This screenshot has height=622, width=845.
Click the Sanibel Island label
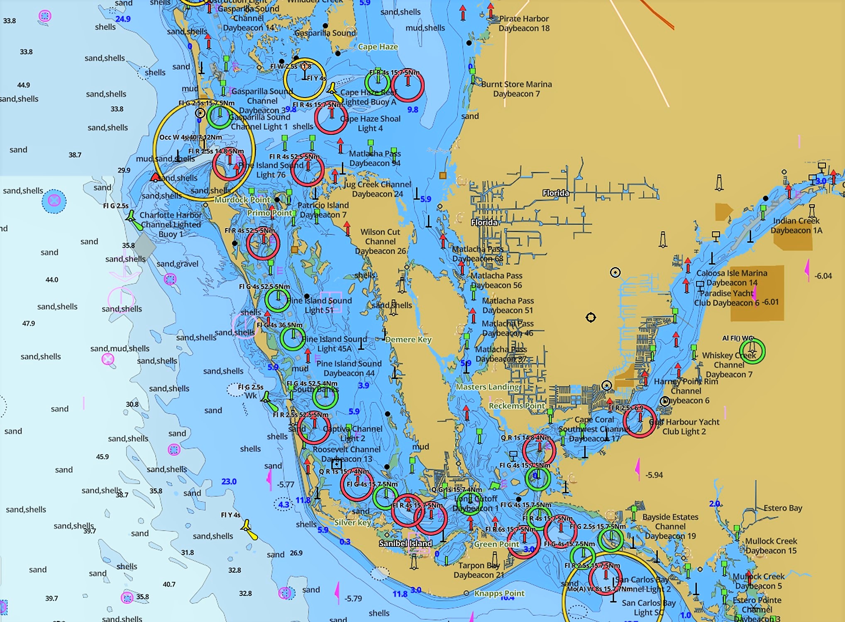(x=405, y=543)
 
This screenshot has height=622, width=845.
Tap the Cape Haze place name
(x=378, y=47)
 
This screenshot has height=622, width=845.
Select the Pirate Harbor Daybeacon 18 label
(x=524, y=24)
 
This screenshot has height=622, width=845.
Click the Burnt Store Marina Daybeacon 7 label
(x=516, y=89)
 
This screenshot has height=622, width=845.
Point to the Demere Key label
(x=408, y=340)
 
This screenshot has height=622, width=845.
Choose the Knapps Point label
(x=499, y=593)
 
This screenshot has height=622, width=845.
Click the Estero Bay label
(x=783, y=508)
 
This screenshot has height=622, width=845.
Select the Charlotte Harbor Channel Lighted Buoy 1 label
(x=171, y=224)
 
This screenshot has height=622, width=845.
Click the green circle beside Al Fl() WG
(x=752, y=351)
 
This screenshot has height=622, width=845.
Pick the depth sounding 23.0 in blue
(x=229, y=481)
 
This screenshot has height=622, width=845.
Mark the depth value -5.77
(x=286, y=484)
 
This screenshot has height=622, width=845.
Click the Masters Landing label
(x=487, y=387)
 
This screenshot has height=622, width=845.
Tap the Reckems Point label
(x=516, y=406)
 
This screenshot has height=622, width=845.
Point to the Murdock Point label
(x=242, y=200)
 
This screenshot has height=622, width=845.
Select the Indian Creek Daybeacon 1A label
(x=796, y=226)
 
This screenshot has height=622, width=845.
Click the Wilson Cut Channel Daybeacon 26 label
(x=380, y=241)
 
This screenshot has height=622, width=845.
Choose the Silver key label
(x=352, y=522)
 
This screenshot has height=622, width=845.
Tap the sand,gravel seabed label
(x=177, y=264)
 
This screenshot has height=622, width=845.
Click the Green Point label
(x=496, y=544)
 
